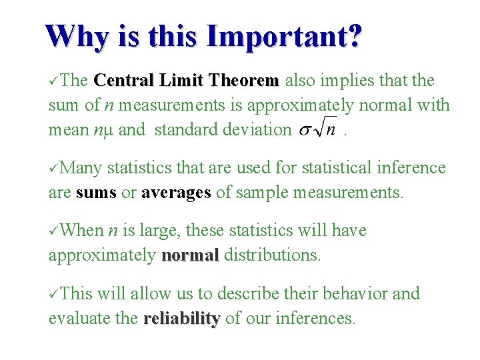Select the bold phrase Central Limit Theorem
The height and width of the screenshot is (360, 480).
(187, 81)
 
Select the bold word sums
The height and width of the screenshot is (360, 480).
(96, 193)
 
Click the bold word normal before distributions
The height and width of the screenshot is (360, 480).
(190, 255)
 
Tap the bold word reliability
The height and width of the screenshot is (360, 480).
(181, 319)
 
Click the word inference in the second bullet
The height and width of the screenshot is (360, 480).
(407, 168)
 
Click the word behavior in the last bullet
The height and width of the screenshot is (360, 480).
(357, 294)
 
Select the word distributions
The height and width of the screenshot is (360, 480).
(273, 255)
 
